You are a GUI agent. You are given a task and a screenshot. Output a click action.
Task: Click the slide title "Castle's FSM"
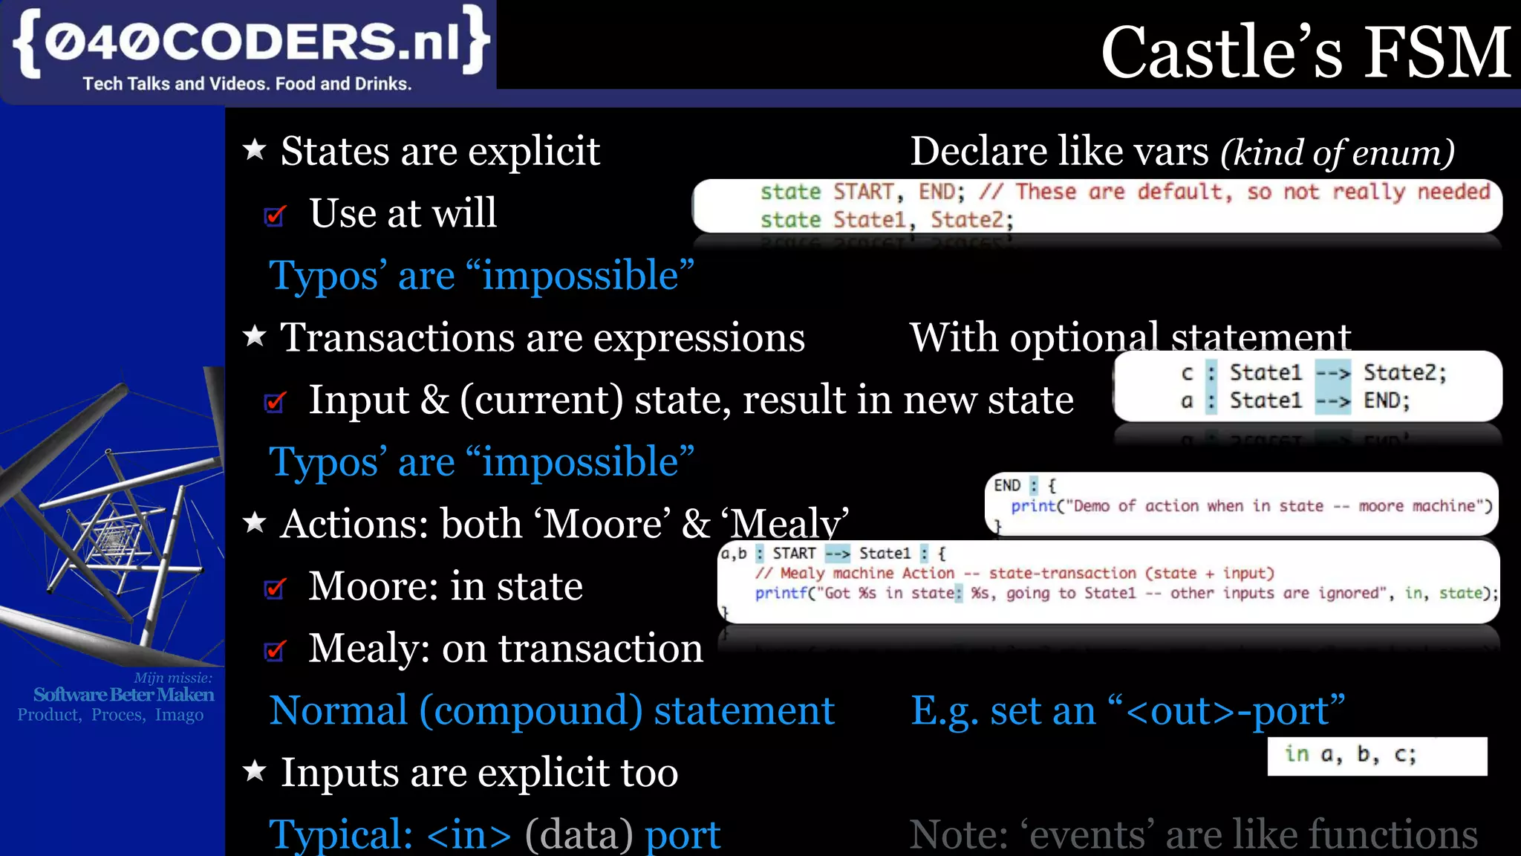tap(1305, 52)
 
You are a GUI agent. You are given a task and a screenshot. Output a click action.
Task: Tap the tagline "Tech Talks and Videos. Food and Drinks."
tap(247, 84)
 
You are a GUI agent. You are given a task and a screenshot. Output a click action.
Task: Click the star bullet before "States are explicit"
tap(255, 150)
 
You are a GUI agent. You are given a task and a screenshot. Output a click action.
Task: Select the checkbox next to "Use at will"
tap(275, 215)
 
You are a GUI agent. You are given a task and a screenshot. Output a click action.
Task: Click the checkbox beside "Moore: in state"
tap(275, 588)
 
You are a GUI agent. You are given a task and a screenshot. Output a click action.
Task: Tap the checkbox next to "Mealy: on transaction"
tap(275, 651)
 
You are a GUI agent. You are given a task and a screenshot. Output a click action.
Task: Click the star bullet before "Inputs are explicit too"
tap(255, 771)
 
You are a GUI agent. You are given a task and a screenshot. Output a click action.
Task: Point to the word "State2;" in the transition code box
tap(1404, 373)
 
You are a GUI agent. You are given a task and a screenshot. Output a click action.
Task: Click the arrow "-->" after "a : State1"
tap(1332, 401)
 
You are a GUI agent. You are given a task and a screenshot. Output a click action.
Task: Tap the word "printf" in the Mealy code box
tap(781, 593)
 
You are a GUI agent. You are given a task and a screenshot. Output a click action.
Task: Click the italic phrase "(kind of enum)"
tap(1338, 153)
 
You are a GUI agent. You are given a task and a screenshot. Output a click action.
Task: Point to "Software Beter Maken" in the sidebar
tap(123, 695)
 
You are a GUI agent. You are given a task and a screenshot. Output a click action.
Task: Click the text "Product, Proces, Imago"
tap(111, 715)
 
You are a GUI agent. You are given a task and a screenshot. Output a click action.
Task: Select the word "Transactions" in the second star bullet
tap(397, 338)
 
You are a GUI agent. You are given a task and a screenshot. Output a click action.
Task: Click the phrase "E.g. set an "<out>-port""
tap(1127, 710)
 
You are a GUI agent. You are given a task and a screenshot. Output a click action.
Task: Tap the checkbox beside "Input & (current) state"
tap(275, 402)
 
